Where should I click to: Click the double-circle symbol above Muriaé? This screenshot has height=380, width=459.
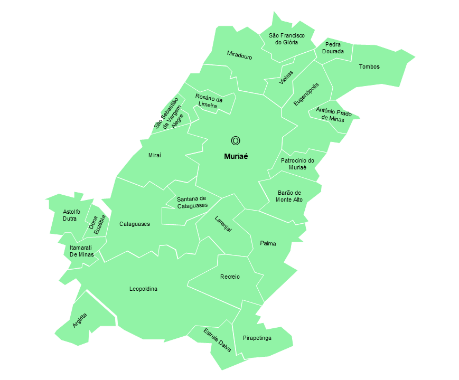click(236, 140)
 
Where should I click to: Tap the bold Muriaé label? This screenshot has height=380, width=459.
click(236, 156)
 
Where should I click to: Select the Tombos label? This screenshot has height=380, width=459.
click(369, 66)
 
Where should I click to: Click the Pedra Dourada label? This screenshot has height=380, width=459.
click(333, 48)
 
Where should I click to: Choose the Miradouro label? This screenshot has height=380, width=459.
click(239, 55)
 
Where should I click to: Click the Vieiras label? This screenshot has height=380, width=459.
click(286, 77)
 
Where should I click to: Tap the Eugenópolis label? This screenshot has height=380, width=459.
click(306, 94)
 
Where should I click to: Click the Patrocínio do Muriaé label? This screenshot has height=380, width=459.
click(297, 164)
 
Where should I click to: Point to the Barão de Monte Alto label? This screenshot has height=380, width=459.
click(289, 196)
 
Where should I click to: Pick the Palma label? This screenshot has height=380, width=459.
click(268, 243)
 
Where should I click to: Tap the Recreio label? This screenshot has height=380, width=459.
click(230, 277)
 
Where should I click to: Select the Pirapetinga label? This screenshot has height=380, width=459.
click(257, 338)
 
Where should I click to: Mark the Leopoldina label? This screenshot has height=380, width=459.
click(143, 289)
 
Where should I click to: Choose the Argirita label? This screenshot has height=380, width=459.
click(80, 320)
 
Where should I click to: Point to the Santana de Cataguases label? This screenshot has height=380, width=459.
click(192, 202)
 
